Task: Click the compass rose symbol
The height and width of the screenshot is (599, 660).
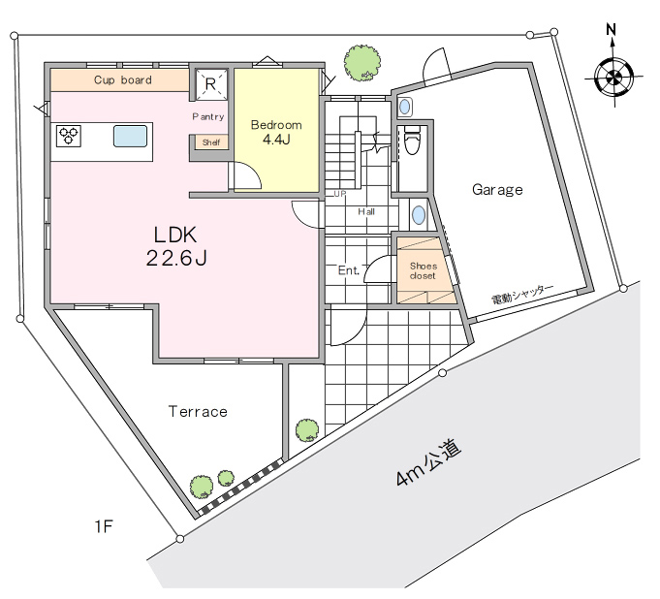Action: [x=614, y=78]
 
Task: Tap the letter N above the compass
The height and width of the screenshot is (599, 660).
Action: [x=612, y=30]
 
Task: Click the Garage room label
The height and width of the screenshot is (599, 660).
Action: [x=497, y=190]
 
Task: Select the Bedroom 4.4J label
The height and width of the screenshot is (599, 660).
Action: [x=276, y=132]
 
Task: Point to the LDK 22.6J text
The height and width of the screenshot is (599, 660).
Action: [x=176, y=246]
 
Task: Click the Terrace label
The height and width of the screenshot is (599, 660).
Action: [x=198, y=411]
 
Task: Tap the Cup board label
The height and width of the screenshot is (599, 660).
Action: [x=123, y=80]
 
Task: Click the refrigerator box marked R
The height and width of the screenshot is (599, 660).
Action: [x=210, y=84]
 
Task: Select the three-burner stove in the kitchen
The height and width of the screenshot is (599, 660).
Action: [x=68, y=136]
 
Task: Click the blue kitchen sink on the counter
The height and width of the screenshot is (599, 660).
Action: [x=131, y=136]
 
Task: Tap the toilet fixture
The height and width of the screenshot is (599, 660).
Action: [x=412, y=140]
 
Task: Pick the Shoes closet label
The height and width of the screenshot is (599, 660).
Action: [x=423, y=270]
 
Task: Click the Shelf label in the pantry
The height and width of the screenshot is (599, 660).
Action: [x=211, y=142]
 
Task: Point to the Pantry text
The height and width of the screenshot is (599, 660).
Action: [x=208, y=116]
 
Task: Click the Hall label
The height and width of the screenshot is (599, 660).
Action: [x=366, y=211]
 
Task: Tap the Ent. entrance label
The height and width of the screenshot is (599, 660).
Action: [x=349, y=269]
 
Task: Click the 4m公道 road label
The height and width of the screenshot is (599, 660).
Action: [x=428, y=462]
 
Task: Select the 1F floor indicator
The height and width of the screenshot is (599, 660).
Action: [x=104, y=526]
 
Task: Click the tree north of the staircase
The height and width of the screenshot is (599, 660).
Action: [x=362, y=63]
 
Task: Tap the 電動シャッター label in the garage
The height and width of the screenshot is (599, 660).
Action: [x=522, y=294]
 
